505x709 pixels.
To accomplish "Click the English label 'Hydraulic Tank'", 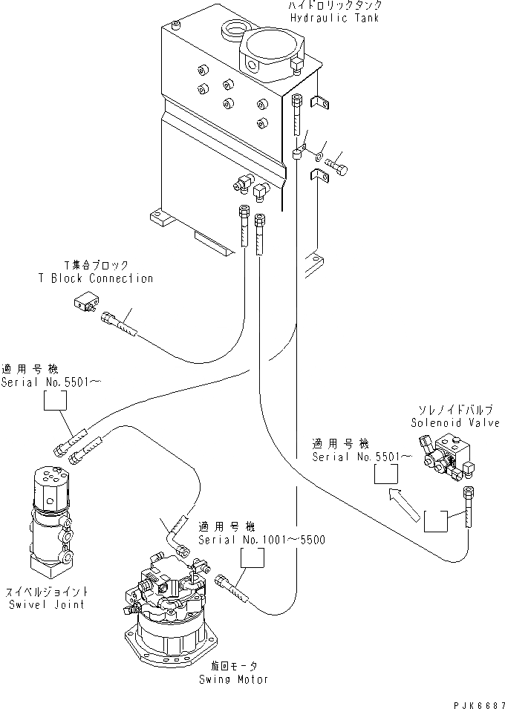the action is tap(334, 18).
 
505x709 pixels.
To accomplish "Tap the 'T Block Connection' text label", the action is tap(96, 278).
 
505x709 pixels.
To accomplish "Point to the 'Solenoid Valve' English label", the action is tap(455, 422).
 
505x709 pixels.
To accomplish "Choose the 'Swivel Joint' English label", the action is tap(47, 604).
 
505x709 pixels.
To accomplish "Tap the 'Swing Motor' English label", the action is tap(233, 679).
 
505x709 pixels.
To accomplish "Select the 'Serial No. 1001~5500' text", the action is tap(261, 540).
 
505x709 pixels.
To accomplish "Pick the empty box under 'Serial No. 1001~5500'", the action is tap(252, 558).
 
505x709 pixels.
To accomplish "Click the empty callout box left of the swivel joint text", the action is tap(55, 401).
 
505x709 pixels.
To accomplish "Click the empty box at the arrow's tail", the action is tap(436, 521).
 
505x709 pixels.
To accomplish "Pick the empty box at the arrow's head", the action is tap(386, 474).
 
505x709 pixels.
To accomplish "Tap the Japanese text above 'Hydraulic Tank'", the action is tap(335, 5).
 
